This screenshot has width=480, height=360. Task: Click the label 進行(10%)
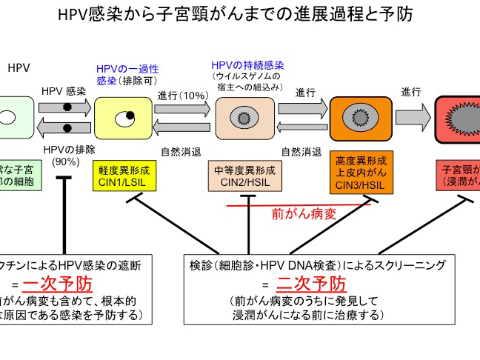click(182, 96)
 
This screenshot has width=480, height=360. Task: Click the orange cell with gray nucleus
click(360, 117)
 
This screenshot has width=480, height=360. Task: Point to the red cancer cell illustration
click(459, 118)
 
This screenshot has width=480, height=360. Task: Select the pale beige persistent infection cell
click(244, 117)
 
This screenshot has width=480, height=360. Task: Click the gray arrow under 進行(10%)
click(182, 108)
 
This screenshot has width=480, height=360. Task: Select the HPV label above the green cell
click(19, 67)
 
